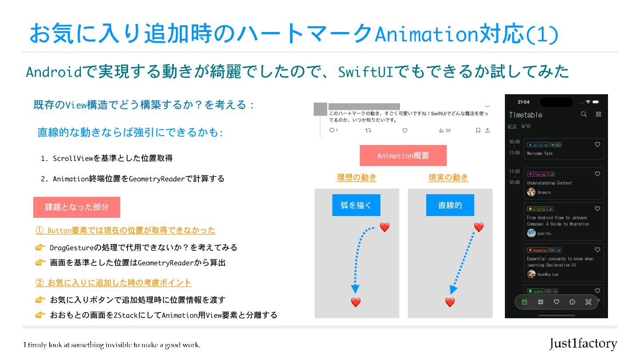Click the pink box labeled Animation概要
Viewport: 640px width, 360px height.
coord(403,156)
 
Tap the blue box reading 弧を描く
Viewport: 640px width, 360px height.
coord(356,205)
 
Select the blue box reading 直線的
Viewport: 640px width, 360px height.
coord(450,205)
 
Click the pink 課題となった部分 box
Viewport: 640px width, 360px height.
coord(76,207)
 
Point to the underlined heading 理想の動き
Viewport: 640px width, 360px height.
coord(356,177)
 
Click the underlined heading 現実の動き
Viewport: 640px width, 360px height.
coord(448,177)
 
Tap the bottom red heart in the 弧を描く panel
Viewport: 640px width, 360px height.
coord(356,302)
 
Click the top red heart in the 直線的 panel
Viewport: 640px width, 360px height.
coord(479,227)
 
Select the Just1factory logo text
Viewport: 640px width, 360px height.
coord(583,344)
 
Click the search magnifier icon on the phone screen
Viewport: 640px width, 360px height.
coord(584,114)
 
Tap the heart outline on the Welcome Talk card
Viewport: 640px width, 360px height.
coord(597,144)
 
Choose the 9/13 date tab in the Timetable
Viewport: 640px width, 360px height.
coord(526,126)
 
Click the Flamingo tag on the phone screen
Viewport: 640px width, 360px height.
coord(537,174)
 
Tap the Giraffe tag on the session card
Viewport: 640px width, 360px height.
coord(536,209)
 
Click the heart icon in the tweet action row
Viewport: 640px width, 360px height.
coord(404,131)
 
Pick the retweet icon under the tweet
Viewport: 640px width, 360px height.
coord(368,131)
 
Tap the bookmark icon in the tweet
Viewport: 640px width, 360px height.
coord(478,131)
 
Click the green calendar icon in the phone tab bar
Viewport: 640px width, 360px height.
coord(524,302)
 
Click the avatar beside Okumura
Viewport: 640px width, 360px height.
coord(531,192)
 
